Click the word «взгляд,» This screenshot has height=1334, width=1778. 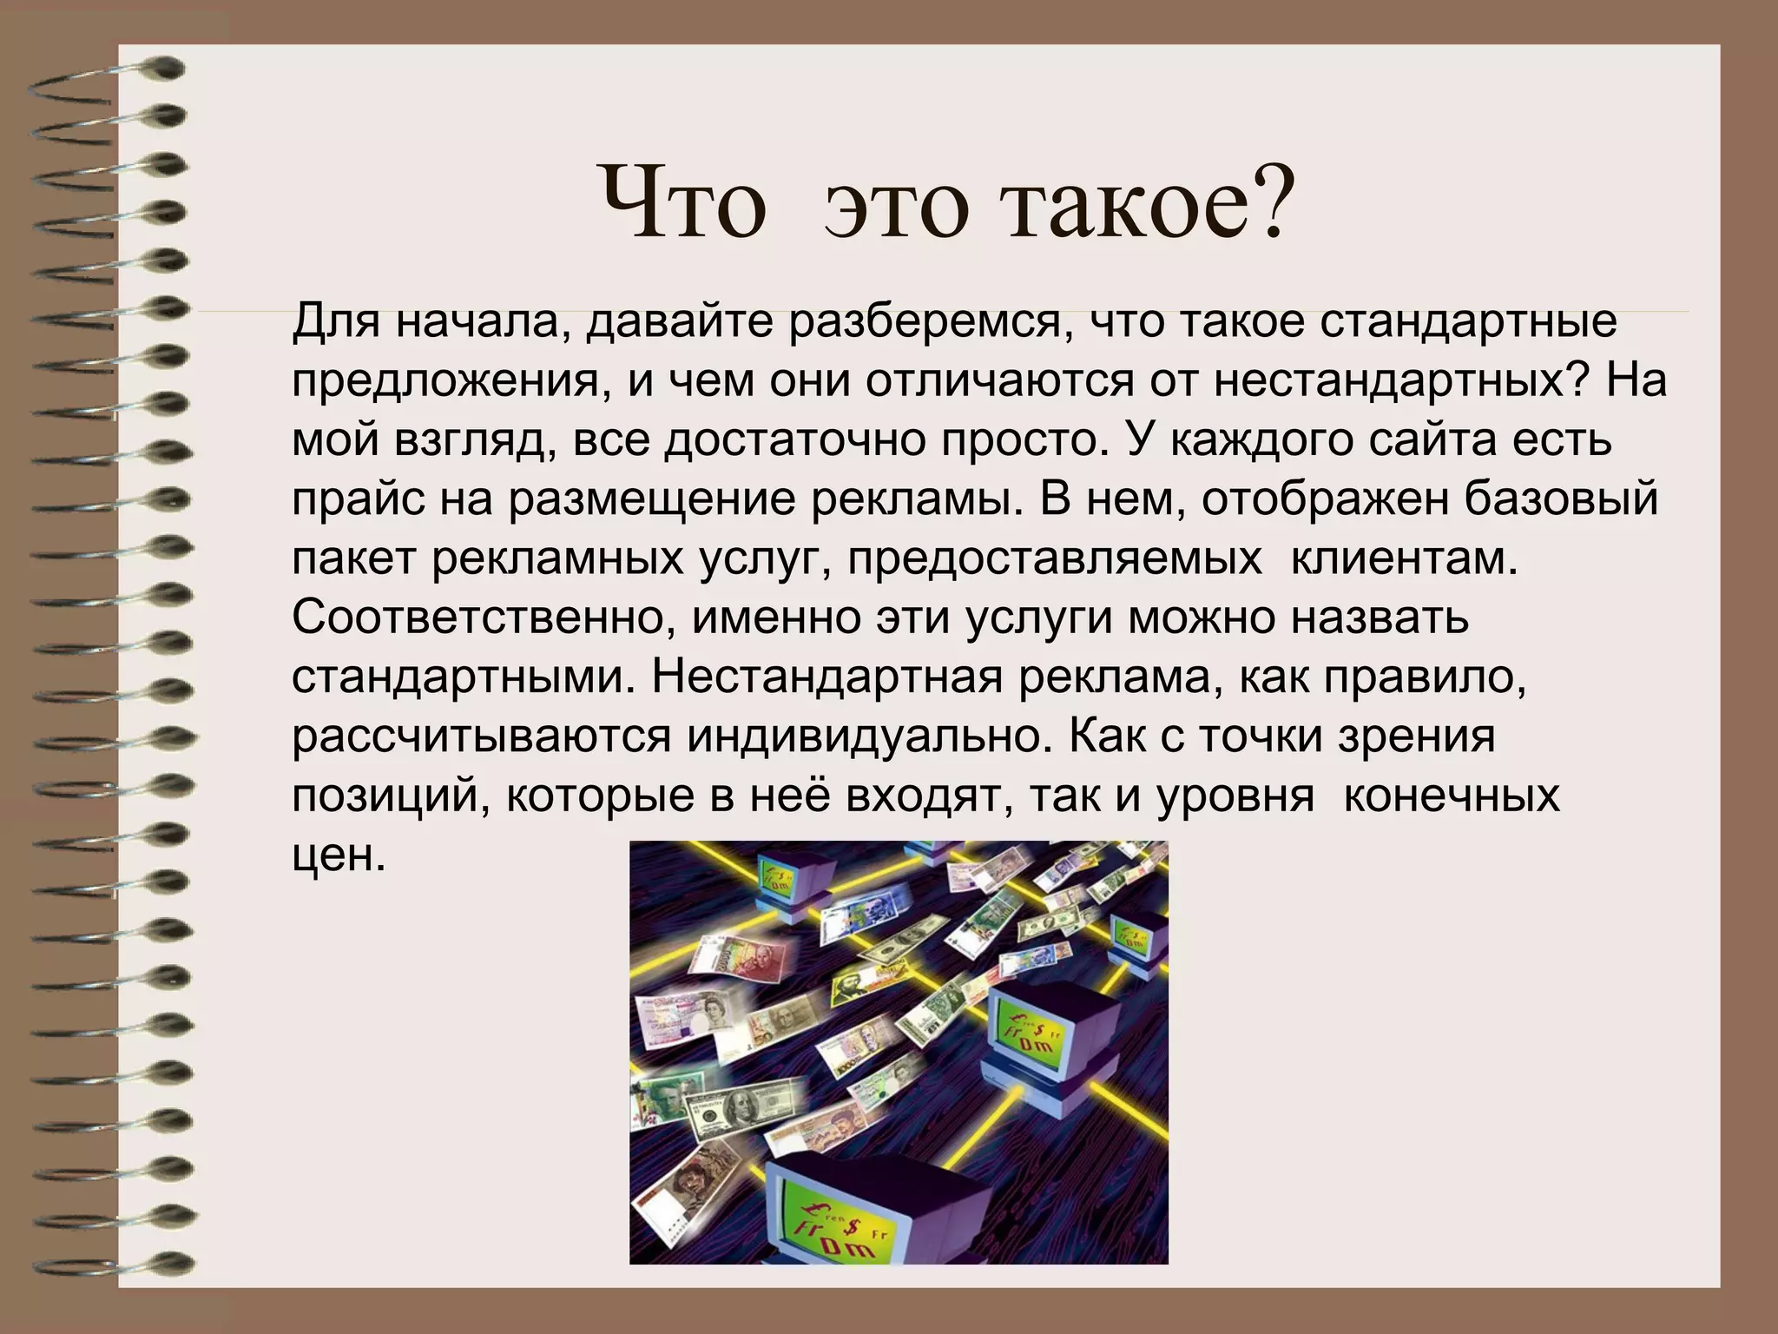pyautogui.click(x=475, y=441)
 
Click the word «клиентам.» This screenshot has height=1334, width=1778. pyautogui.click(x=1405, y=559)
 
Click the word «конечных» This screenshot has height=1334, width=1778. pyautogui.click(x=1452, y=796)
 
